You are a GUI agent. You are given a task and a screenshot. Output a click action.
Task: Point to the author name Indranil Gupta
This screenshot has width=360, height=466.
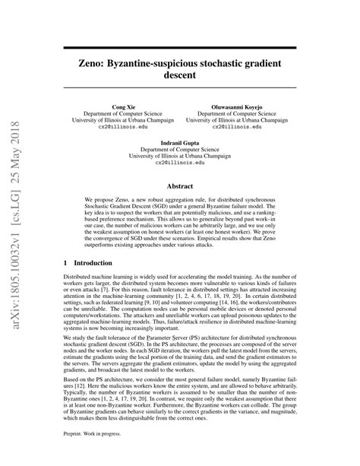pyautogui.click(x=180, y=142)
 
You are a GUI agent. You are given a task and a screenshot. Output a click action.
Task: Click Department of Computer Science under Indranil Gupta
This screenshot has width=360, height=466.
pyautogui.click(x=180, y=148)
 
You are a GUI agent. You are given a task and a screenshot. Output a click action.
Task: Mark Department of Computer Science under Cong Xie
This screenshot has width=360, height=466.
pyautogui.click(x=122, y=115)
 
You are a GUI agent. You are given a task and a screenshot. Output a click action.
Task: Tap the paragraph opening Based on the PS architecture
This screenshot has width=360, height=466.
pyautogui.click(x=179, y=384)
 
